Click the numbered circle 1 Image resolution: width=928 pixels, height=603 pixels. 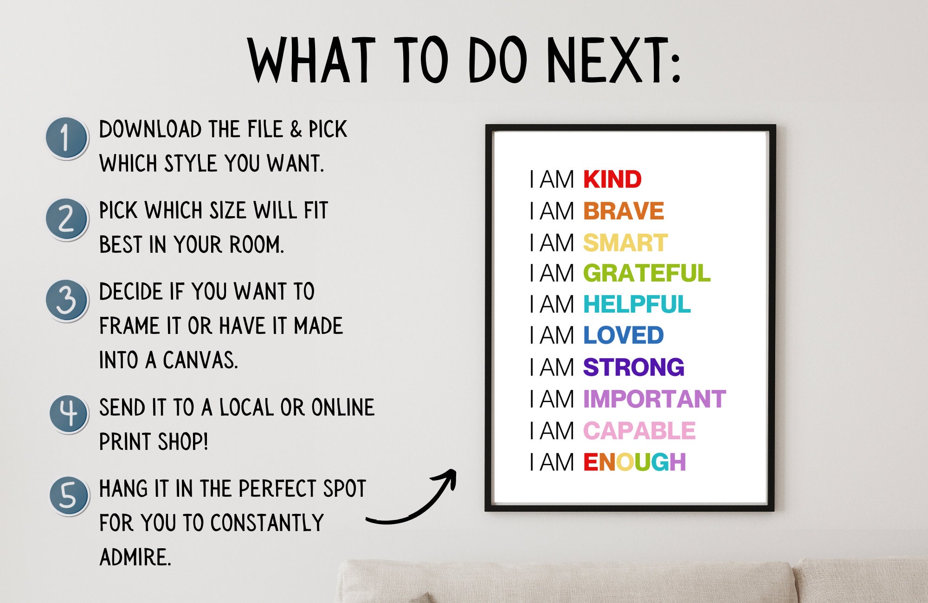tap(67, 138)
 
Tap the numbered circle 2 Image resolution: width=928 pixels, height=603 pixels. tap(67, 219)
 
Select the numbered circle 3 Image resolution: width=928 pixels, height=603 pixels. tap(67, 301)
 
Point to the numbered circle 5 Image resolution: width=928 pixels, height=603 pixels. tap(69, 496)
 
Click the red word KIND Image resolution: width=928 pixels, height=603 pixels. tap(612, 180)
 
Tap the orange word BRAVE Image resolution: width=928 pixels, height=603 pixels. tap(623, 211)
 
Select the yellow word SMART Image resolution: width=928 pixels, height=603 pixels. tap(625, 243)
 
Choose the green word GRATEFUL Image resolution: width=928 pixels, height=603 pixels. tap(646, 273)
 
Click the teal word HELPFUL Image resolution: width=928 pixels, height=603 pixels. tap(637, 305)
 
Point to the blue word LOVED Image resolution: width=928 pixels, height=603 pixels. tap(623, 335)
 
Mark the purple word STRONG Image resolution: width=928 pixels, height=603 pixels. tap(633, 367)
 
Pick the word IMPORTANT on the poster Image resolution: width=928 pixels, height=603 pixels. tap(654, 399)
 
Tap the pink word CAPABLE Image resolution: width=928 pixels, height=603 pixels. tap(639, 430)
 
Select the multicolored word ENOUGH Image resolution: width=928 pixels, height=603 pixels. tap(634, 462)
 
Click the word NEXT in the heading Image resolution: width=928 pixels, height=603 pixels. tap(612, 60)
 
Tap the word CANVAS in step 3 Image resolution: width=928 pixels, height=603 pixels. tap(200, 360)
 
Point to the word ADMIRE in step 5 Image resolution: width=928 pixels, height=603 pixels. tap(135, 557)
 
